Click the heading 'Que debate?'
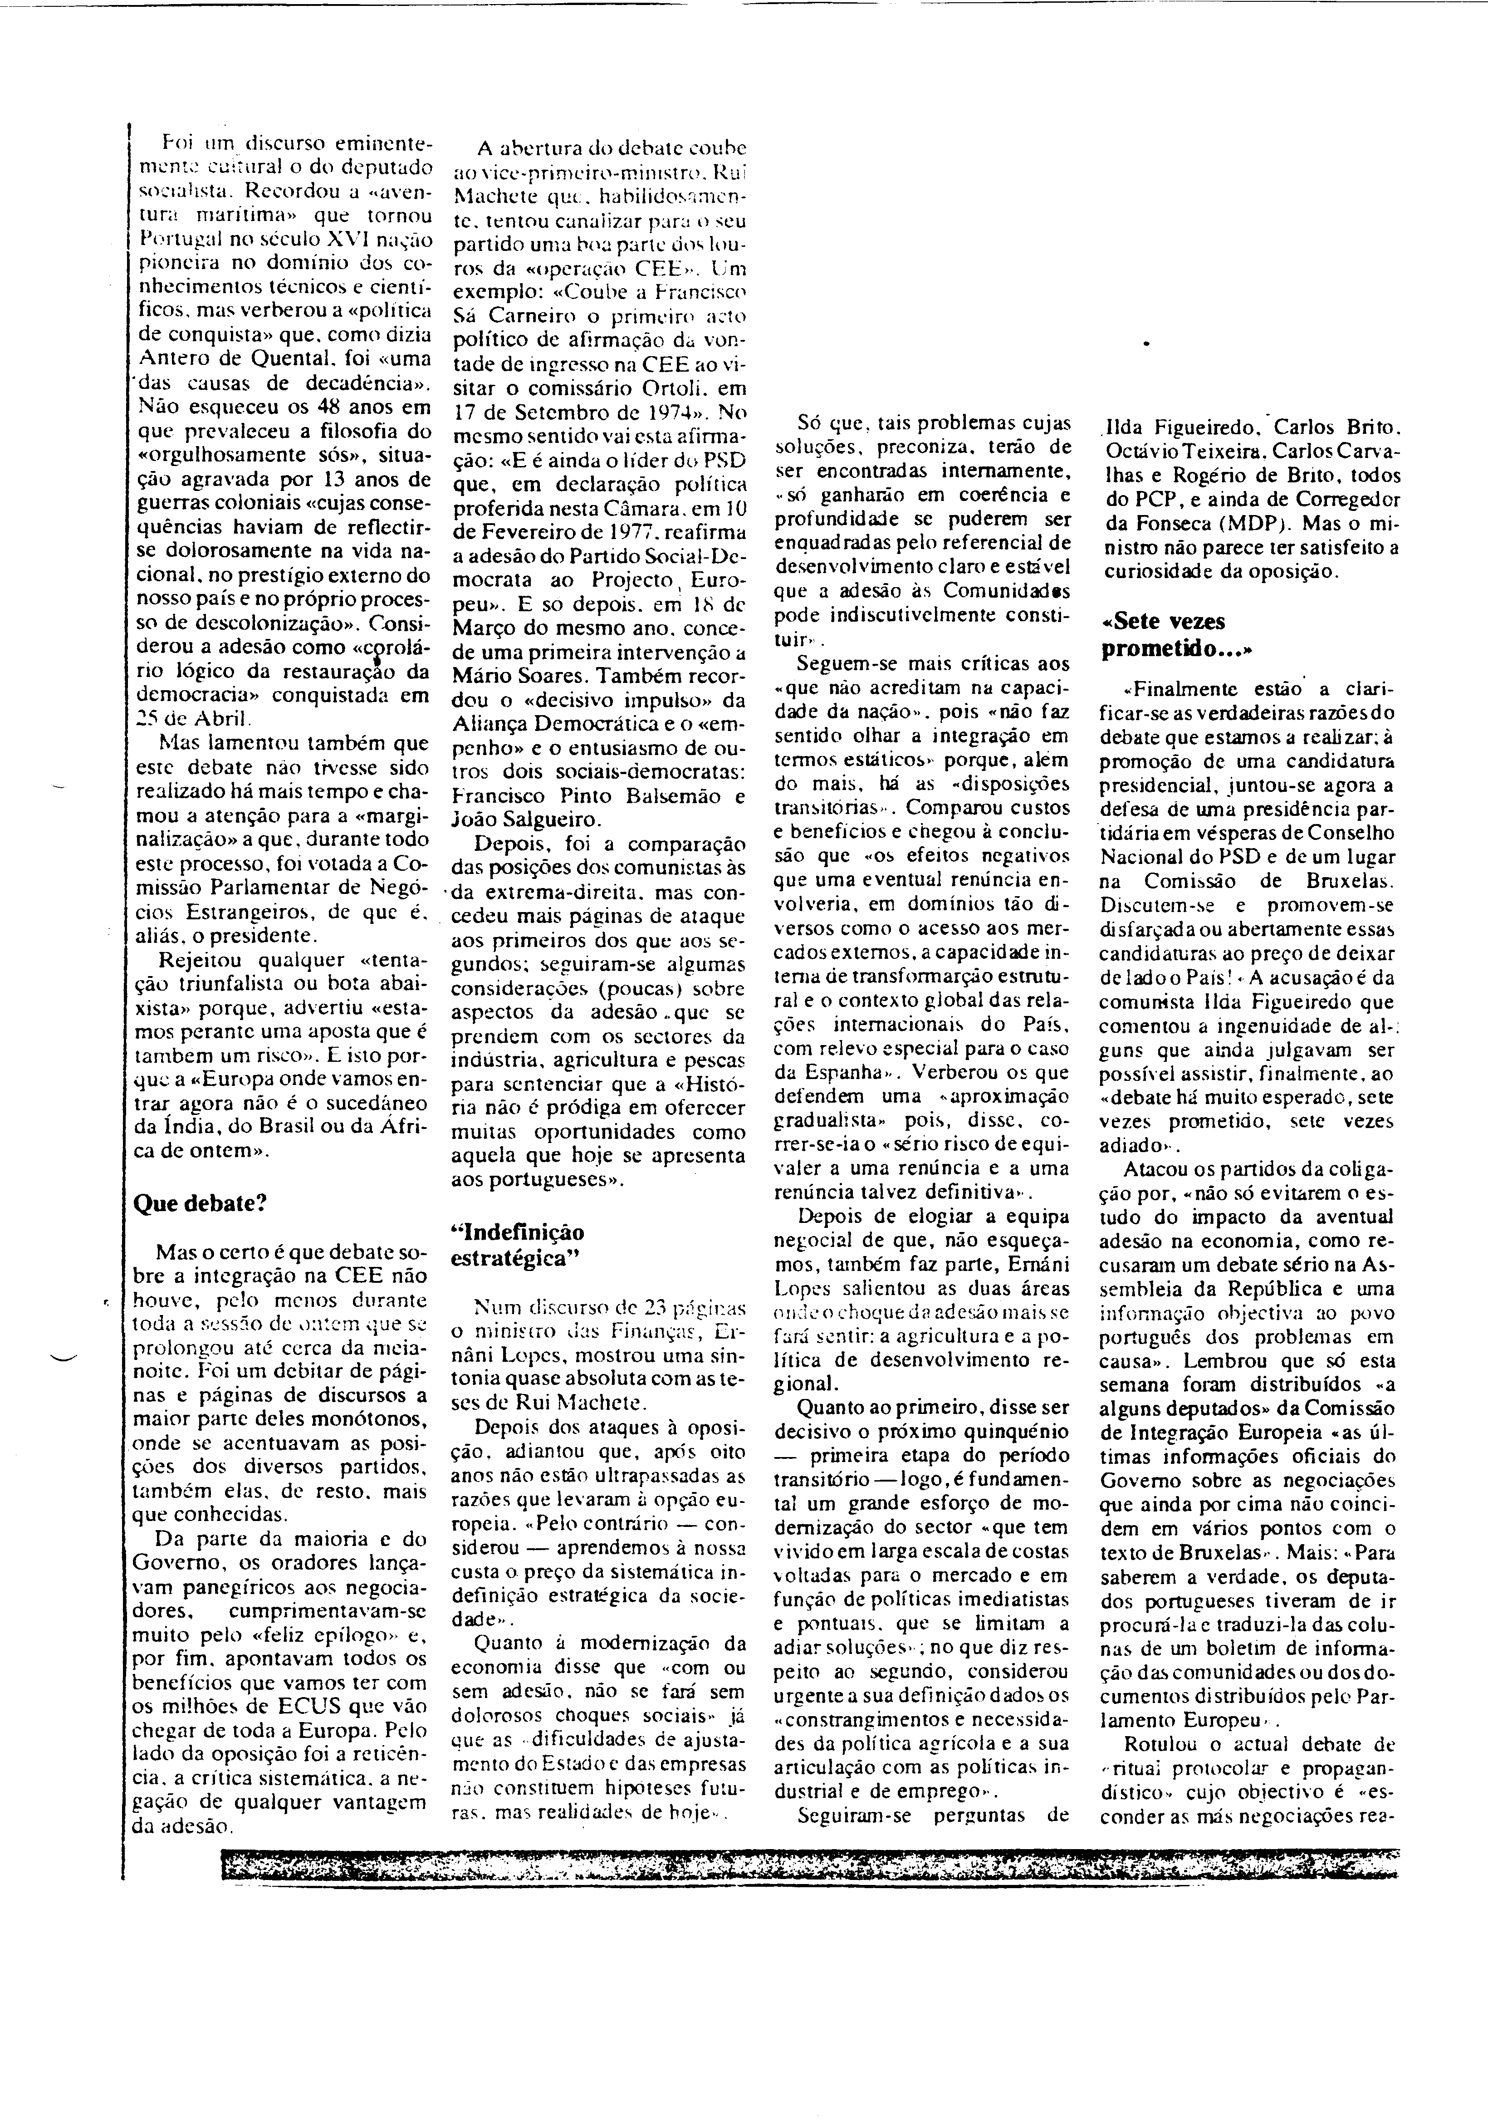(x=201, y=1203)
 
